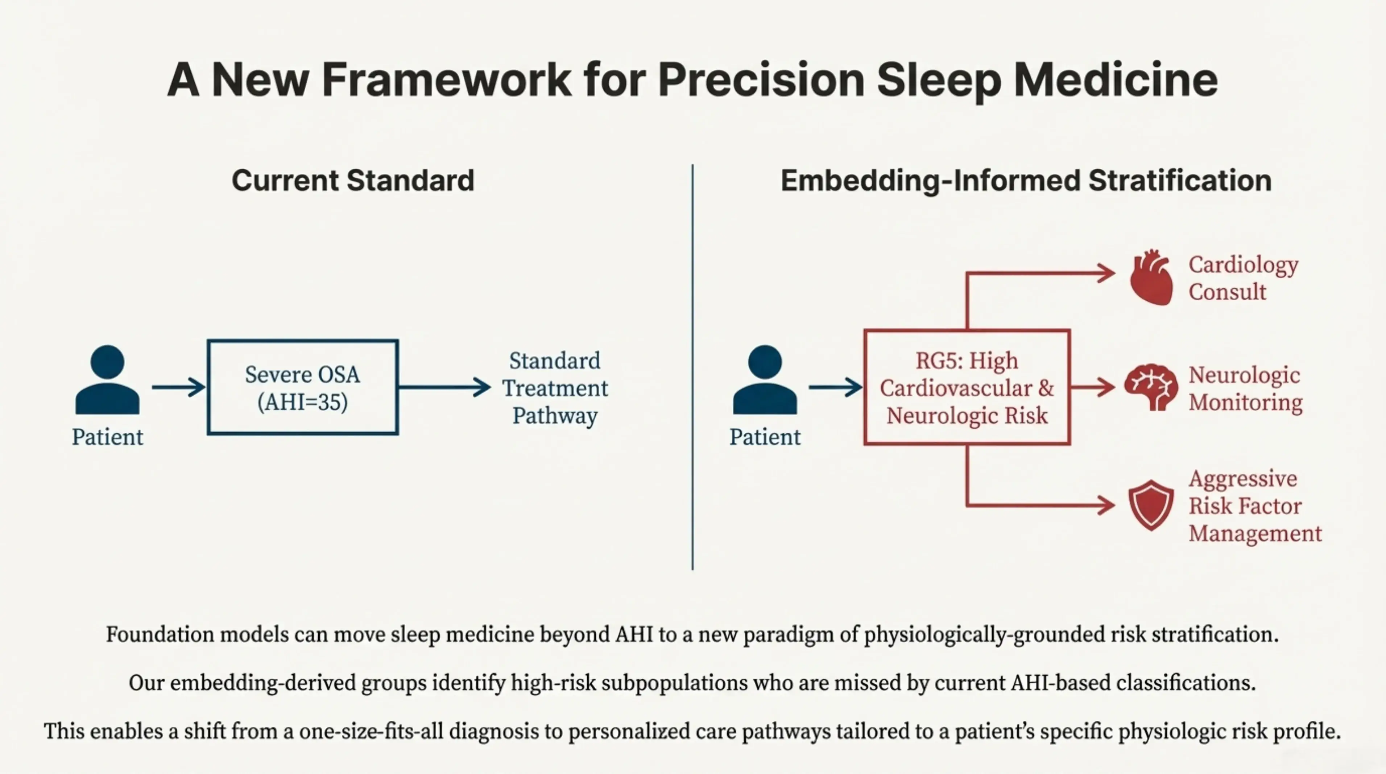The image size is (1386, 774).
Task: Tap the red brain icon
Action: (x=1150, y=387)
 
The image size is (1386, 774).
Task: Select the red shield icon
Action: (x=1151, y=505)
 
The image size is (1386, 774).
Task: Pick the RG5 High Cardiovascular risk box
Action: (x=967, y=387)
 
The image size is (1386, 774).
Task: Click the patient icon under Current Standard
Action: (x=108, y=380)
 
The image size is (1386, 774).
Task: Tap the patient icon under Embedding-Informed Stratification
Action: (x=765, y=380)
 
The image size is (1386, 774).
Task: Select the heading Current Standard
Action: (x=353, y=180)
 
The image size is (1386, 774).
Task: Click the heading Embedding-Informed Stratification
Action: (x=1026, y=180)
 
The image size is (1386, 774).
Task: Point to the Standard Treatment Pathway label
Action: (x=555, y=388)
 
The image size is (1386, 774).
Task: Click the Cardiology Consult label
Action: (x=1243, y=278)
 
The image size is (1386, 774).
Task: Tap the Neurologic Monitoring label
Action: (x=1245, y=388)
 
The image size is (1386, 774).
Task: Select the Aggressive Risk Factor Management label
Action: (x=1254, y=506)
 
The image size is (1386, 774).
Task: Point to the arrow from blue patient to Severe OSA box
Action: (x=178, y=387)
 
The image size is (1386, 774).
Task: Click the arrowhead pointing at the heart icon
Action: (x=1107, y=273)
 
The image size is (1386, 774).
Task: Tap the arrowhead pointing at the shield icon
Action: (x=1107, y=505)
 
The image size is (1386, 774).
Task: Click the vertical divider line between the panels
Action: (x=692, y=366)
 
